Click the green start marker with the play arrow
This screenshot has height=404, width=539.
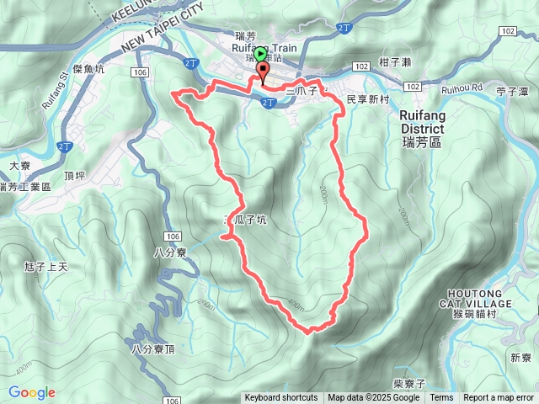[259, 55]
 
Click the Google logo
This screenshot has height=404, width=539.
[31, 392]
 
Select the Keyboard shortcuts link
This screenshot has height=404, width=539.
[281, 398]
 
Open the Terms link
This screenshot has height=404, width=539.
[441, 398]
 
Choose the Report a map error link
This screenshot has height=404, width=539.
[499, 398]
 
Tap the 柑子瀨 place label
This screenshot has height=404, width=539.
[394, 62]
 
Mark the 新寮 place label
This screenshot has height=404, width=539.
[520, 358]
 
